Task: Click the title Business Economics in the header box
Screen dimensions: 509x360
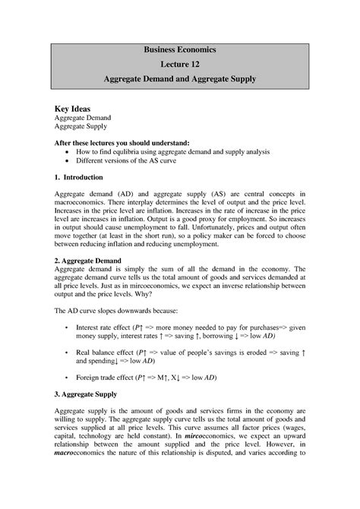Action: (x=180, y=49)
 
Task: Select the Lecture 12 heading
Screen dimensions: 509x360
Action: (x=180, y=65)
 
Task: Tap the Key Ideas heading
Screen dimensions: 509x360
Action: (x=74, y=109)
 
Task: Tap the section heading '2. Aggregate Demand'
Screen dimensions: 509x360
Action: (x=90, y=260)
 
